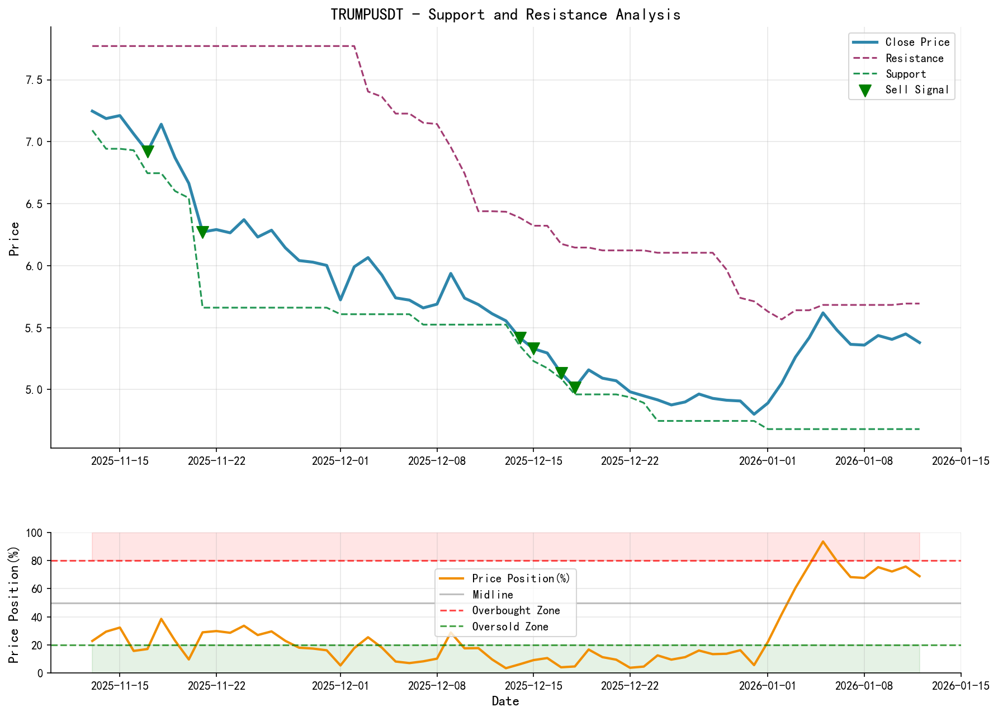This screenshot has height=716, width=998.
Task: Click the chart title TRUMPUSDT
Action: (505, 15)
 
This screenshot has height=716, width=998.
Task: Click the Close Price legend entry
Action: (917, 43)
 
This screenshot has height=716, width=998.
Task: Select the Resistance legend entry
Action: (914, 58)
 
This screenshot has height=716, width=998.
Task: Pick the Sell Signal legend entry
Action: (917, 89)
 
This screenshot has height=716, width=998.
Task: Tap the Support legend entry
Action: (906, 74)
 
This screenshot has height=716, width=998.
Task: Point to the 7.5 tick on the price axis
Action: (34, 80)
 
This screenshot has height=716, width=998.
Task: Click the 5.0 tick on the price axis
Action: (34, 389)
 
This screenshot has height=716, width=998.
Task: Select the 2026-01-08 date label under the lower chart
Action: (864, 685)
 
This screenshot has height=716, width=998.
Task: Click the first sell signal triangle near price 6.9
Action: (148, 152)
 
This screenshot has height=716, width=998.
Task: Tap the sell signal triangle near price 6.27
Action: (202, 232)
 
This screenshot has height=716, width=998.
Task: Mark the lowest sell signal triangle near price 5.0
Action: (575, 387)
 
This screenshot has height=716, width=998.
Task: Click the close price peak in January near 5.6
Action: (822, 313)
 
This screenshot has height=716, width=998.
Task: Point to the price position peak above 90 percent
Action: (822, 541)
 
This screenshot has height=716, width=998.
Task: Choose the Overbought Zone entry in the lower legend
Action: (515, 611)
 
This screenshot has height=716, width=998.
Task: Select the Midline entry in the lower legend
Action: (492, 595)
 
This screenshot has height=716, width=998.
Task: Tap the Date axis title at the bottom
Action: (505, 701)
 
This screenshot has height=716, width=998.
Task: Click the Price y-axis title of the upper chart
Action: (15, 239)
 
